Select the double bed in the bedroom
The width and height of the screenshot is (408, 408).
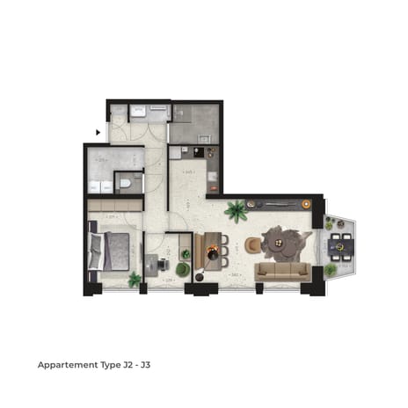111,250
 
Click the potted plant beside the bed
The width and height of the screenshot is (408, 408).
135,280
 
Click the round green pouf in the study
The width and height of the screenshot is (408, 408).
182,269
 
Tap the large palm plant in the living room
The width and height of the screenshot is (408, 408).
236,211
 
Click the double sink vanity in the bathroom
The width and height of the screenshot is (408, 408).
100,186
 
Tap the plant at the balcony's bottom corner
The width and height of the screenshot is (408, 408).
331,271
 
